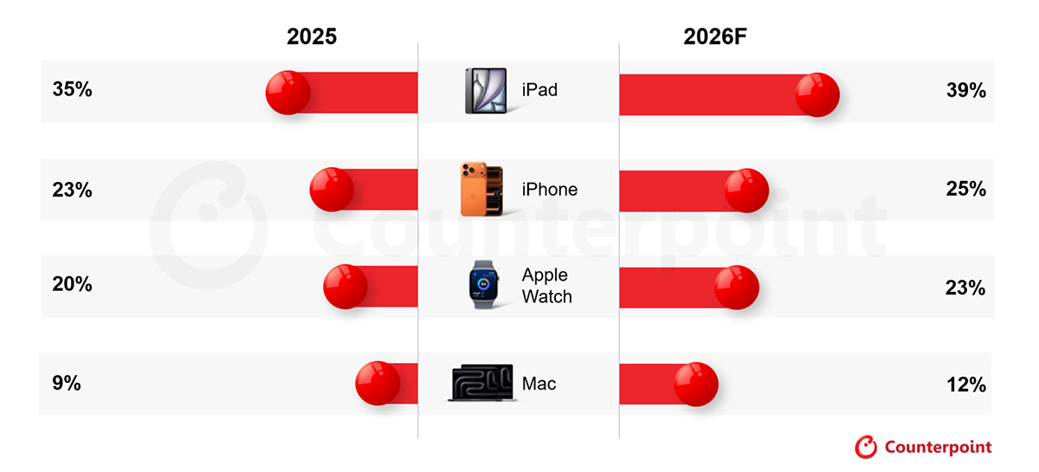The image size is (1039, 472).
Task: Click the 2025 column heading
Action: tap(312, 36)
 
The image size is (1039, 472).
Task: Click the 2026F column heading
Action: tap(715, 36)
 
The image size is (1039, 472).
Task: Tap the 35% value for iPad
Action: tap(73, 89)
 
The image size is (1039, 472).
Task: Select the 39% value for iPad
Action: tap(966, 90)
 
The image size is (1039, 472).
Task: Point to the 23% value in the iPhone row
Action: tap(73, 190)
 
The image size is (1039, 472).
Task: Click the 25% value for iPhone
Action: tap(966, 189)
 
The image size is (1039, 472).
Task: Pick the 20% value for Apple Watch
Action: tap(73, 284)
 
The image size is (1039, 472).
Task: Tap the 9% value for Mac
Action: tap(67, 383)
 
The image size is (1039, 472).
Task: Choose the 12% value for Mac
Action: tap(966, 385)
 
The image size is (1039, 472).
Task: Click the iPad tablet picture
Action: tap(486, 90)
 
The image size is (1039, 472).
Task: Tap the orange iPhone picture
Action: tap(482, 189)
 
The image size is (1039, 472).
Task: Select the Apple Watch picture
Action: tap(483, 285)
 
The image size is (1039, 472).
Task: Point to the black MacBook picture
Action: tap(482, 383)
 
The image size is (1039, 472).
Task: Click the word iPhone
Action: tap(550, 190)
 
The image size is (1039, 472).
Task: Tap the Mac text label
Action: tap(539, 384)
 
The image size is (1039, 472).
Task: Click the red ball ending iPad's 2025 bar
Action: tap(288, 93)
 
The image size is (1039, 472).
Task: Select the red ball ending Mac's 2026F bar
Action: tap(696, 385)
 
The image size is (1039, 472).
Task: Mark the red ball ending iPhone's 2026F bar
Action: tap(746, 191)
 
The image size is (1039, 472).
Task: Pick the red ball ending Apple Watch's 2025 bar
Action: tap(345, 287)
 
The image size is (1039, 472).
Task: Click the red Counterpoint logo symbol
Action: tap(866, 447)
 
